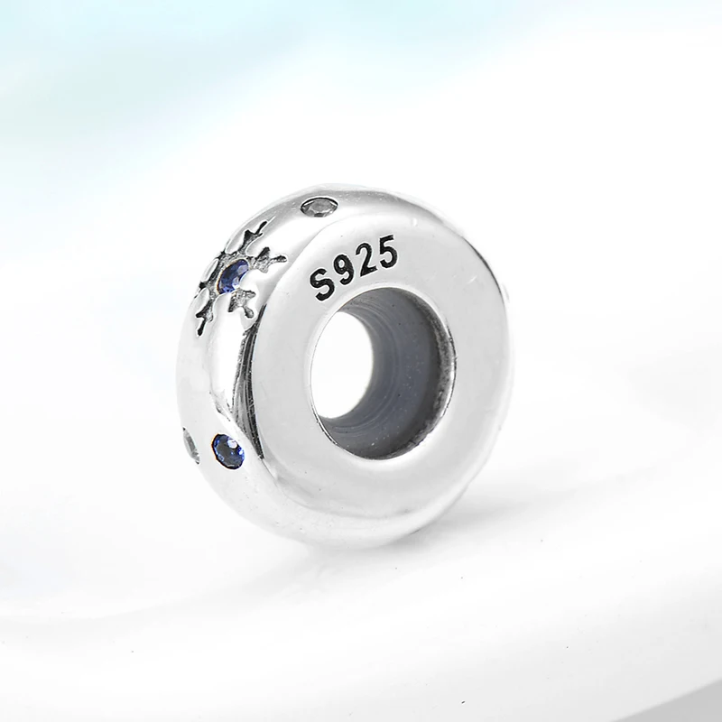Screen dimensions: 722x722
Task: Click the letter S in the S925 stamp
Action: click(x=323, y=285)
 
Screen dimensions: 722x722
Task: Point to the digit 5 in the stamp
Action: click(x=386, y=251)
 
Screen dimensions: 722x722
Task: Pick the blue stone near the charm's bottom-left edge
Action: click(x=228, y=451)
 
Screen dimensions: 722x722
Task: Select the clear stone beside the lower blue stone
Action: click(x=191, y=445)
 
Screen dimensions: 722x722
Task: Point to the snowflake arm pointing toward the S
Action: click(x=269, y=260)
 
